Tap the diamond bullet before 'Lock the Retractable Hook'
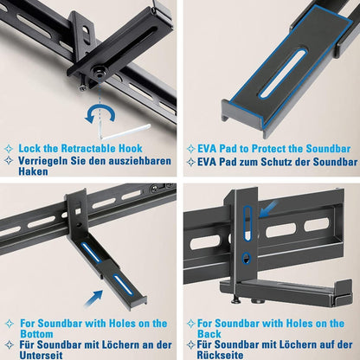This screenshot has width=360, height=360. pyautogui.click(x=10, y=148)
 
